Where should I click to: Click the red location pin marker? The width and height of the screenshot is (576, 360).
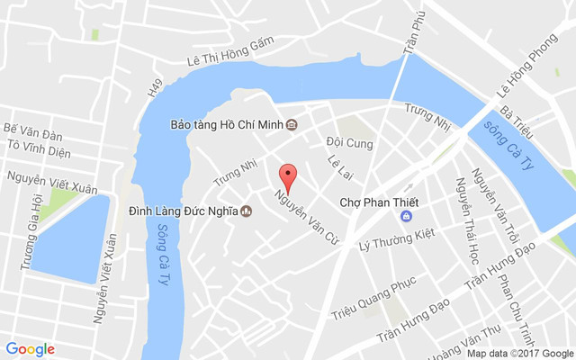coord(288,175)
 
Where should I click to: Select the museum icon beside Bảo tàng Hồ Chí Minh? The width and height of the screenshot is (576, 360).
coord(292,125)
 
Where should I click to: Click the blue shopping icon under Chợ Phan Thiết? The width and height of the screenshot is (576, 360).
coord(407,216)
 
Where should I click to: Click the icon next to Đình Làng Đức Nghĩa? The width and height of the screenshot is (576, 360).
coord(246,212)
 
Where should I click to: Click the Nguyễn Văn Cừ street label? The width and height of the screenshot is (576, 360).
coord(299,206)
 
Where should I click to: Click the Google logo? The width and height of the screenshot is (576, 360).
coord(31,349)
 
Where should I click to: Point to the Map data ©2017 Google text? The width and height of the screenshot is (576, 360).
coord(519,353)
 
